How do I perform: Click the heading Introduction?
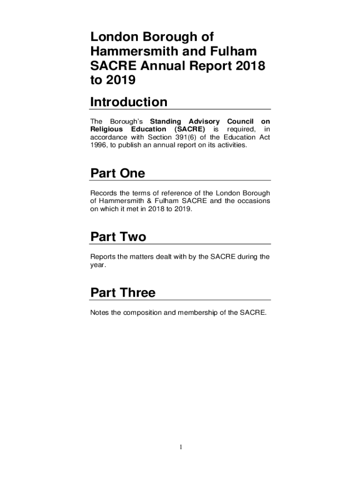tap(129, 102)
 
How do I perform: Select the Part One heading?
tap(117, 174)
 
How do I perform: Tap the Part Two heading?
tap(118, 237)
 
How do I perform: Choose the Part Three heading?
tap(122, 293)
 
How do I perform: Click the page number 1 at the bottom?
tap(180, 448)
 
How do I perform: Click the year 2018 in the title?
tap(250, 66)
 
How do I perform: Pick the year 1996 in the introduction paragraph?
tap(98, 145)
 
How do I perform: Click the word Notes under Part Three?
tap(100, 312)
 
